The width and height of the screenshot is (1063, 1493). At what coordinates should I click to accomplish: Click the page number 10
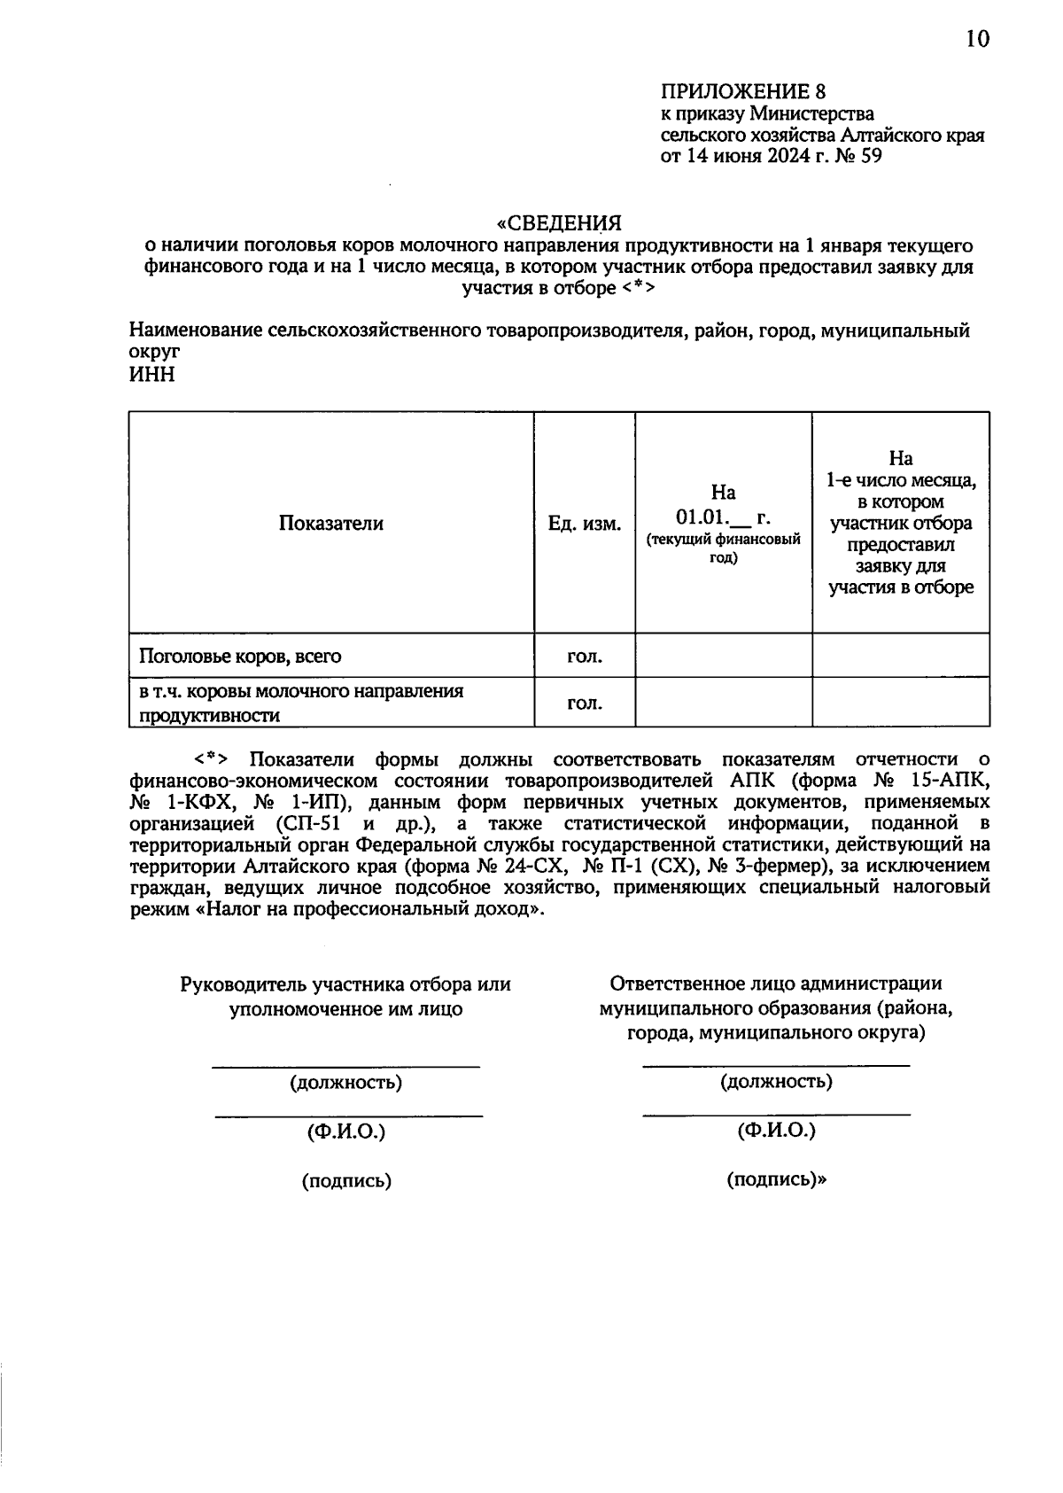pos(977,40)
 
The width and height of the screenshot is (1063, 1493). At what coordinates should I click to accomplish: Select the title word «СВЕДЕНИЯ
pos(558,222)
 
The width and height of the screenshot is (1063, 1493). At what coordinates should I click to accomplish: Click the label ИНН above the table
pos(151,374)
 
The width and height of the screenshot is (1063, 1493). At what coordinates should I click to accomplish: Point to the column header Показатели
pos(331,523)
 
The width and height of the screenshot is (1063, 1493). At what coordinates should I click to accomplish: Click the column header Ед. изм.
pos(584,523)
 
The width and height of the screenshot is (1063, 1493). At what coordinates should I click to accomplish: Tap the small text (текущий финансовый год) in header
pos(723,548)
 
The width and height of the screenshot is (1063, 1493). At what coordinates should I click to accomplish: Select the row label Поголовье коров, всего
pos(240,657)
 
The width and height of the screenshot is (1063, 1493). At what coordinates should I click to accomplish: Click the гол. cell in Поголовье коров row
pos(584,657)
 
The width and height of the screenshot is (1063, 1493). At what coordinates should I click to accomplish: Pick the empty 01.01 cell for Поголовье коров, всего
pos(723,657)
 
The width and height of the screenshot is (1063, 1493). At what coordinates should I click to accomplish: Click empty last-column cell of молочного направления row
pos(900,703)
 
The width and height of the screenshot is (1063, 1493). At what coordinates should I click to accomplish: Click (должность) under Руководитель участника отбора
pos(345,1083)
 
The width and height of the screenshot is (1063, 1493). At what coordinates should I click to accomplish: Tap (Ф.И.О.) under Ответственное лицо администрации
pos(775,1131)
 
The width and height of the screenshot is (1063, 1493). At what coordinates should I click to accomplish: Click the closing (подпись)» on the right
pos(775,1179)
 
